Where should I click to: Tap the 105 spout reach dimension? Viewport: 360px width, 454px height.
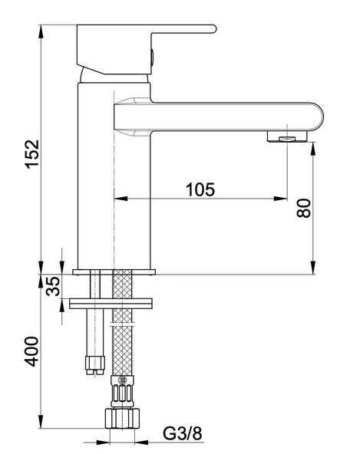200,187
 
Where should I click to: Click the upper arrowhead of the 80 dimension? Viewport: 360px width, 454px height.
312,146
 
